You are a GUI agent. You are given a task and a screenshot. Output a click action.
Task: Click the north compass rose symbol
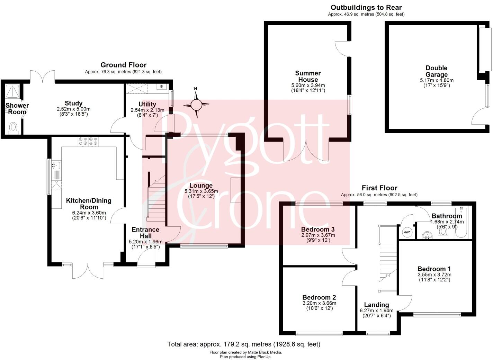point(196,104)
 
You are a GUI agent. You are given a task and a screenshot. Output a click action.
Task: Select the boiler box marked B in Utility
point(162,87)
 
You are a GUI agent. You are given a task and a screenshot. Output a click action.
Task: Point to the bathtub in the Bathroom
point(461,222)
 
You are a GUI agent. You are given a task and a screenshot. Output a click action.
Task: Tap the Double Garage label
point(436,71)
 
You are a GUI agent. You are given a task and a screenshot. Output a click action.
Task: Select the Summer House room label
point(308,76)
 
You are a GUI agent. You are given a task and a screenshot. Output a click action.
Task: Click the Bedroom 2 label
point(319,297)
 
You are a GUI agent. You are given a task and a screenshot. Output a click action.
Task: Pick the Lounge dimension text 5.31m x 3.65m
point(201,191)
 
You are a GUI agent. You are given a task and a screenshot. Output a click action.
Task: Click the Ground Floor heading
point(123,65)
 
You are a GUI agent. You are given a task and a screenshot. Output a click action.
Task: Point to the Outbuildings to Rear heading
point(366,8)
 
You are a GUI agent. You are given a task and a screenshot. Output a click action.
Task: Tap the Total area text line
point(244,344)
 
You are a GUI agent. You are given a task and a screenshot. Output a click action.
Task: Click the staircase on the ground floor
point(156,201)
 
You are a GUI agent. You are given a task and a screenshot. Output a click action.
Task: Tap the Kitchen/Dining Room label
point(89,204)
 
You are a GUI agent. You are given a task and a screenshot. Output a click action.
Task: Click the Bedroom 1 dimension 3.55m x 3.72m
point(434,275)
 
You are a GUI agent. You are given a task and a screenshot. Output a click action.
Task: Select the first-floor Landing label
point(376,305)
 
